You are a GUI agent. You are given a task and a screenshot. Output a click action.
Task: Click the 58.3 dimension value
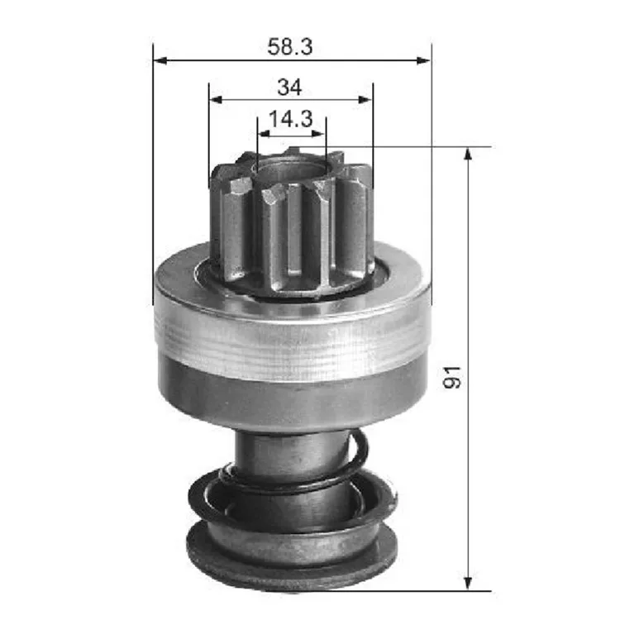tap(290, 46)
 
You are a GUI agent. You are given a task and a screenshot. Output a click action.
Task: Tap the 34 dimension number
tap(289, 87)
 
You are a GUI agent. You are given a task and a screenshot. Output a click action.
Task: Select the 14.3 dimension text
tap(291, 118)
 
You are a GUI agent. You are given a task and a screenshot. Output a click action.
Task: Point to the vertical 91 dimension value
tap(452, 377)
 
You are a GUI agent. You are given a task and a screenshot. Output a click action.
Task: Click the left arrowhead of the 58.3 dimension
tap(160, 60)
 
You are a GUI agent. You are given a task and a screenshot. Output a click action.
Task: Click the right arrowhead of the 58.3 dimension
tap(424, 60)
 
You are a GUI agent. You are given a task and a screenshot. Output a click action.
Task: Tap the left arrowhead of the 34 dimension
tap(216, 99)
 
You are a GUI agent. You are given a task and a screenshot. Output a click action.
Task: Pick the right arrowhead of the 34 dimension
tap(365, 99)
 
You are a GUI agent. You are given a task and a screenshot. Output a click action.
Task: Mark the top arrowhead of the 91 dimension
tap(468, 155)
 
